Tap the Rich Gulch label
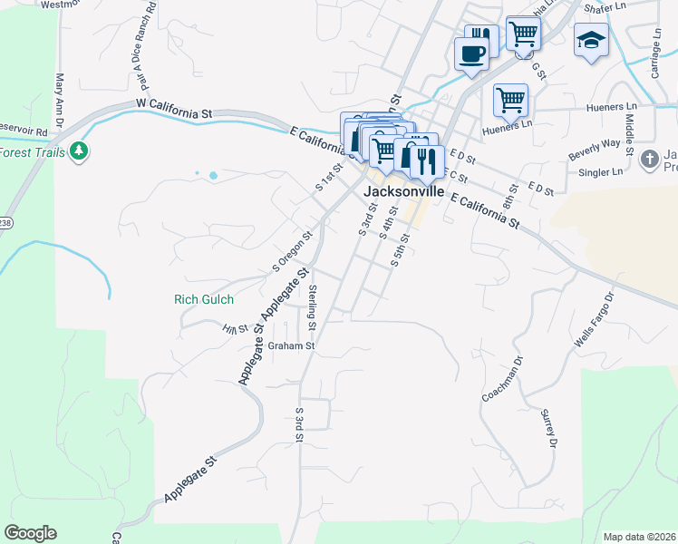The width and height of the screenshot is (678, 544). click(204, 299)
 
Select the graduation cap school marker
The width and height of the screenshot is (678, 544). click(590, 41)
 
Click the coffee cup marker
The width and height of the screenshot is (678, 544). click(470, 53)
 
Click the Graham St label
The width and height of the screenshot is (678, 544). click(291, 345)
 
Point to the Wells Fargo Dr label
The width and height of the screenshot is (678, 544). click(595, 320)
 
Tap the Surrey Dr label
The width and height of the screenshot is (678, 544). click(548, 429)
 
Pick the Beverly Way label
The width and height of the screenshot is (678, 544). click(594, 150)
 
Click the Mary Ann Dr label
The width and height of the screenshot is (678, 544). click(60, 101)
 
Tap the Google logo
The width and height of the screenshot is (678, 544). click(30, 532)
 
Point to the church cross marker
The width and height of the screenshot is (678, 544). click(649, 160)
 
